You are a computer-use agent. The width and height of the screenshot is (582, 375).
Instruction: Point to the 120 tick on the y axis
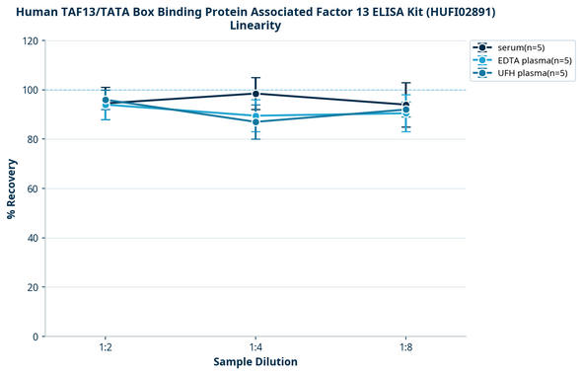(31, 40)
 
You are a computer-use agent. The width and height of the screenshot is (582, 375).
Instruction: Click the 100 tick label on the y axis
(31, 90)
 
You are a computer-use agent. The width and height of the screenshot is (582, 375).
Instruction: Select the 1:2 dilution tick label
(105, 348)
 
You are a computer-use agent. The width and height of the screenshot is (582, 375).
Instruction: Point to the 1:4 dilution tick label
(255, 348)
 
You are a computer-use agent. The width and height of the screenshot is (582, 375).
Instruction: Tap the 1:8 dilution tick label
(405, 348)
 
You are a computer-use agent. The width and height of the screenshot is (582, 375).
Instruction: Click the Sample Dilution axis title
(255, 362)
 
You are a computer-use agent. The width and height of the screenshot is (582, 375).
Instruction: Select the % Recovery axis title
(12, 188)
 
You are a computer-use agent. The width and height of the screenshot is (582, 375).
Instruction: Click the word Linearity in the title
(255, 26)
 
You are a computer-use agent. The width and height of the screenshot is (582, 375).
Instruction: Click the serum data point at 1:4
(255, 94)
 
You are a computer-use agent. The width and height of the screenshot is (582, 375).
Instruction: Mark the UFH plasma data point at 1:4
(255, 121)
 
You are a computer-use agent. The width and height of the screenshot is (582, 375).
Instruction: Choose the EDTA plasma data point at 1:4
(255, 115)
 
